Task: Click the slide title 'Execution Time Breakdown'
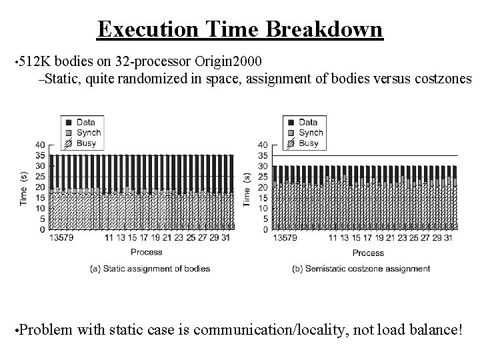[240, 29]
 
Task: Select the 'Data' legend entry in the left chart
[85, 122]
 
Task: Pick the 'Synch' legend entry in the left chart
[88, 133]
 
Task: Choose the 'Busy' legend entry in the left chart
[86, 143]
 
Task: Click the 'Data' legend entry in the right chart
[308, 122]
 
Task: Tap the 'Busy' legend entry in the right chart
[309, 143]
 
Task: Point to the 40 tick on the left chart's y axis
[40, 145]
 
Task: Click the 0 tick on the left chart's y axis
[43, 229]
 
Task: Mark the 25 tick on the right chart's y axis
[263, 177]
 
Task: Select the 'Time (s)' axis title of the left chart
[23, 189]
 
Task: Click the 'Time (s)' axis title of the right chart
[246, 189]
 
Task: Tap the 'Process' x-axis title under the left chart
[146, 252]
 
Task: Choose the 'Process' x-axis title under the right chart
[368, 253]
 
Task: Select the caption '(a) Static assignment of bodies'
[150, 269]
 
